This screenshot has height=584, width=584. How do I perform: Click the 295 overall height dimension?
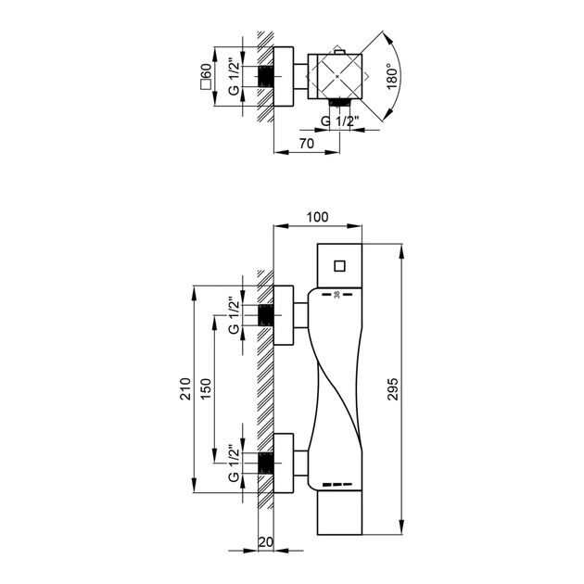click(x=393, y=388)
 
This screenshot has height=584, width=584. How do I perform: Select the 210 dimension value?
click(x=185, y=388)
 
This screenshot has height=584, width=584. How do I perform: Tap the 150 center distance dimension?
click(x=206, y=388)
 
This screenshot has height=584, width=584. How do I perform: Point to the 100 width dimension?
click(x=317, y=217)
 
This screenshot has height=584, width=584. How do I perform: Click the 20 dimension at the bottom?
click(x=265, y=542)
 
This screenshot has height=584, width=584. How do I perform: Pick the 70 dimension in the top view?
click(x=307, y=144)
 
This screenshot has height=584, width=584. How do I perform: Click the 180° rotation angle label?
click(x=392, y=76)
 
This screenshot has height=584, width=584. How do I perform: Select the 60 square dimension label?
click(x=206, y=76)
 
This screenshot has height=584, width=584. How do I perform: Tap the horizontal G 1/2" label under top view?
click(x=339, y=121)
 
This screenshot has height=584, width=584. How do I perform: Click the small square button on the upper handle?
click(x=339, y=266)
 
